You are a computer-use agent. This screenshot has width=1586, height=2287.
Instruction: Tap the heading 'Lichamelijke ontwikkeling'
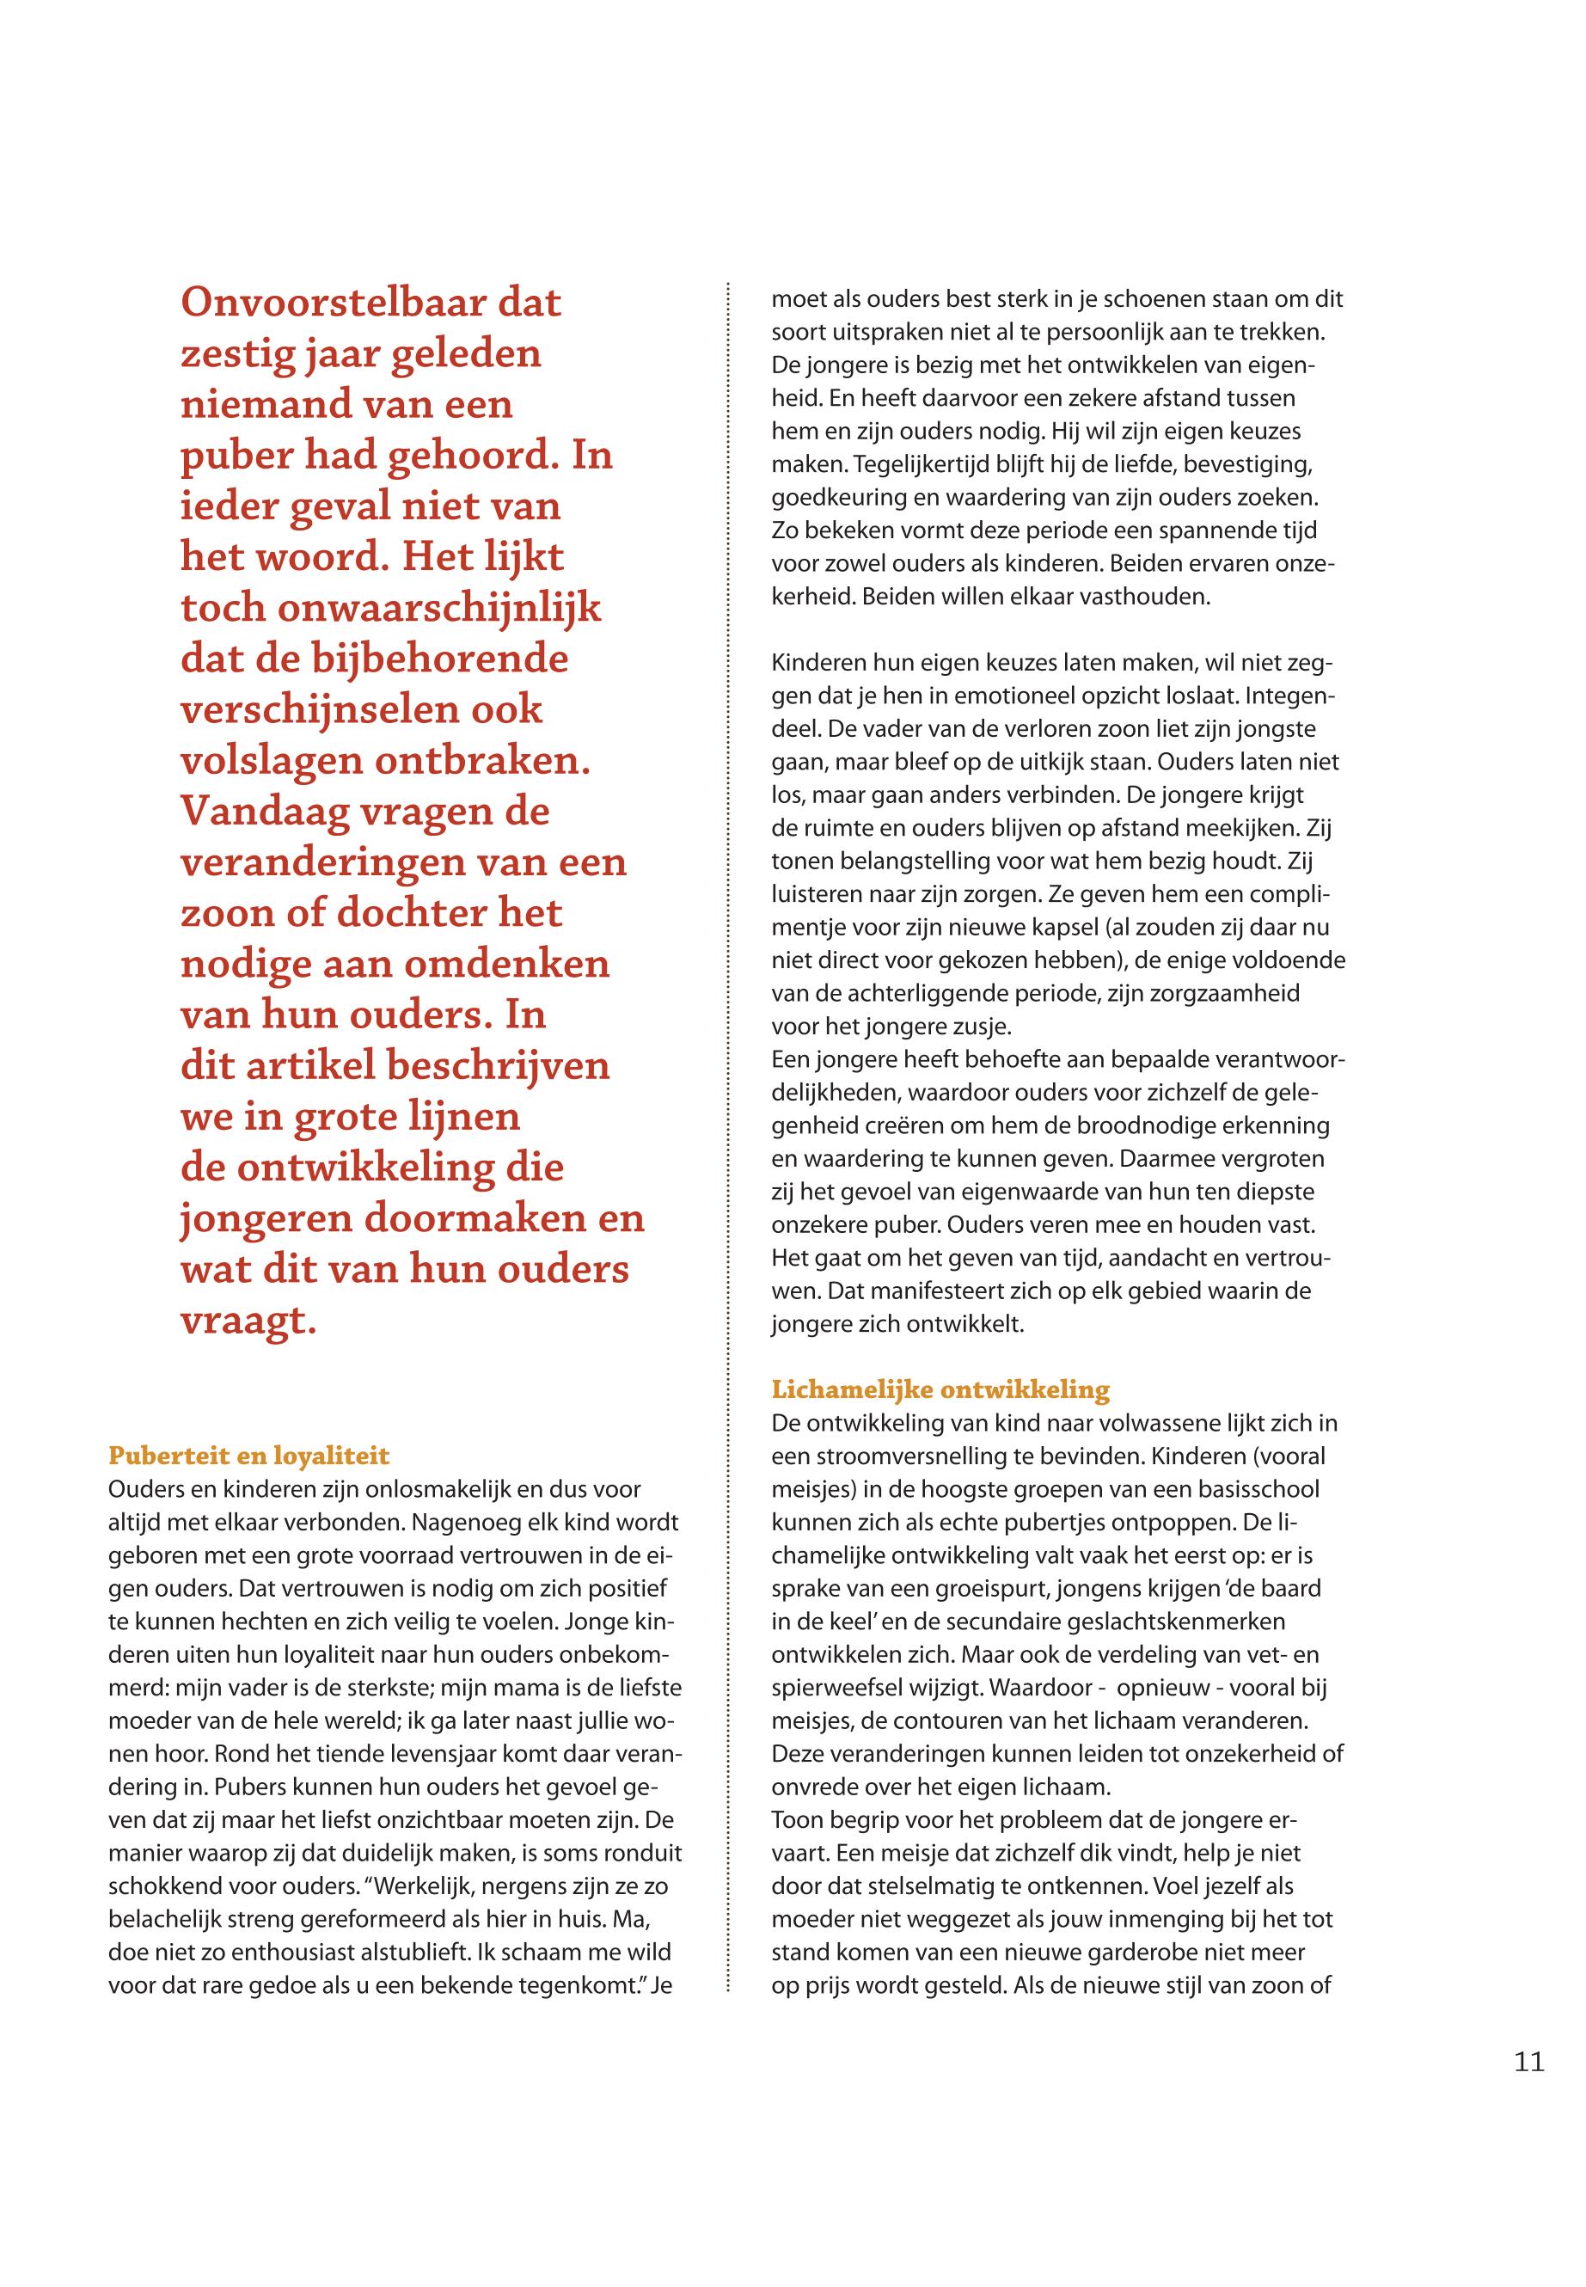pos(940,1389)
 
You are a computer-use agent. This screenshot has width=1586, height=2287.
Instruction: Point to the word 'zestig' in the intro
pos(229,354)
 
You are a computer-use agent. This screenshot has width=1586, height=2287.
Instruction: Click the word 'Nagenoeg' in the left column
pos(469,1522)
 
